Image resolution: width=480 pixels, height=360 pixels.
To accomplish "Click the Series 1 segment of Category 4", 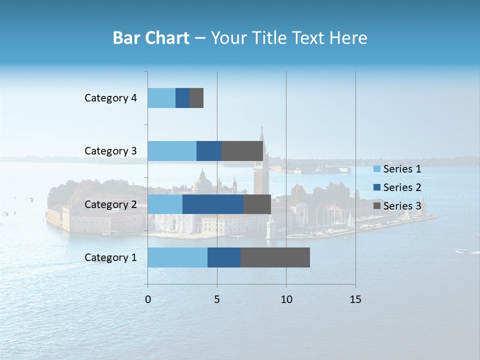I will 161,98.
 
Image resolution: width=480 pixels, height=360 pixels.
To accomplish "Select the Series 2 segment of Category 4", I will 182,98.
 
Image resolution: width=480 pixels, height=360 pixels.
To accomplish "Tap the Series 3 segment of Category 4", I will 196,98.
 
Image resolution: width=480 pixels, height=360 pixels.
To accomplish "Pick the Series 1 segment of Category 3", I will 172,151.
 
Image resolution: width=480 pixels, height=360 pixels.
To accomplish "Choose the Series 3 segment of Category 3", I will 242,151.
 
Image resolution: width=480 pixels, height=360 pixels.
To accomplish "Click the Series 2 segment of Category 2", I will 213,204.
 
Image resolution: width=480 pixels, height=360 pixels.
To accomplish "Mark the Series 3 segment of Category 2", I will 257,204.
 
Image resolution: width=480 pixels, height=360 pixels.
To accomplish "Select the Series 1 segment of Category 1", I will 177,257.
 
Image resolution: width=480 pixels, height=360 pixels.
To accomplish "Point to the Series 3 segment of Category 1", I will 275,257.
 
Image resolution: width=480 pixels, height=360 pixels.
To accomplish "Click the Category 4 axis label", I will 110,98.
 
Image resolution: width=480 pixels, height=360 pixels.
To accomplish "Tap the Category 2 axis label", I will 110,204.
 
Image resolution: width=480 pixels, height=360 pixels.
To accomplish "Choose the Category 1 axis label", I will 110,257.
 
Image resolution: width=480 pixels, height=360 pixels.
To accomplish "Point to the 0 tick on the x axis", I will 148,299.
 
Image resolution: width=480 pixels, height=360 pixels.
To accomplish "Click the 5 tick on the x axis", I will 217,299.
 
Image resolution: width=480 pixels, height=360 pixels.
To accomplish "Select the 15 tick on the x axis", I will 355,299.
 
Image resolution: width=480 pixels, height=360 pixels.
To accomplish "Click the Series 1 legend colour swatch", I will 377,169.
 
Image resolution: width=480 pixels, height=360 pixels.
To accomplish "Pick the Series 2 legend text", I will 402,187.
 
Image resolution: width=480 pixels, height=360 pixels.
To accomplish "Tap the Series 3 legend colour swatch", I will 377,206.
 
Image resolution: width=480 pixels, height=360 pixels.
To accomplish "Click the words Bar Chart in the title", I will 151,38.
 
